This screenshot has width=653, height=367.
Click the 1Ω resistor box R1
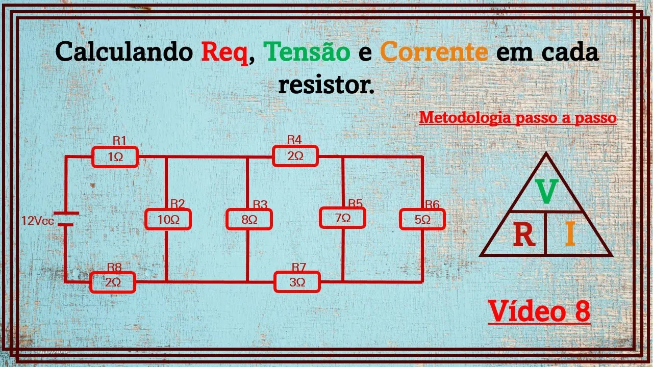[x=115, y=157]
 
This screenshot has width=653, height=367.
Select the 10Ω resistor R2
[x=168, y=220]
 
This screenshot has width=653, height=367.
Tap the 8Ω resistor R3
[x=249, y=220]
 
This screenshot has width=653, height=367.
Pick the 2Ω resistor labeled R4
[x=295, y=156]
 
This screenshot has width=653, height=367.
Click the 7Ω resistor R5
[x=343, y=218]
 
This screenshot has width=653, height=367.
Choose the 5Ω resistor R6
[x=422, y=220]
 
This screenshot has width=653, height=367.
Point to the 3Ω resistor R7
[x=297, y=282]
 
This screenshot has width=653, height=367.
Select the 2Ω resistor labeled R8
[x=113, y=282]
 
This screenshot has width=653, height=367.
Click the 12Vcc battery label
[x=37, y=221]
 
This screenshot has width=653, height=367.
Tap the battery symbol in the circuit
[x=65, y=219]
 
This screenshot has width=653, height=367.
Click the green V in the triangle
[x=546, y=192]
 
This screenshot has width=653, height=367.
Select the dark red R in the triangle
[x=523, y=235]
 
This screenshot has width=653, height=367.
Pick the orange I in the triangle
[x=570, y=235]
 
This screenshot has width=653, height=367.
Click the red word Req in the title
[x=224, y=52]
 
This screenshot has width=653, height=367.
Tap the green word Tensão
[x=307, y=51]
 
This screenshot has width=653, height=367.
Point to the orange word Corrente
[x=434, y=51]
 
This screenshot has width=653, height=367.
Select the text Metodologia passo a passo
[x=518, y=118]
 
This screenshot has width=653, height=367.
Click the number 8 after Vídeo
[x=582, y=310]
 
